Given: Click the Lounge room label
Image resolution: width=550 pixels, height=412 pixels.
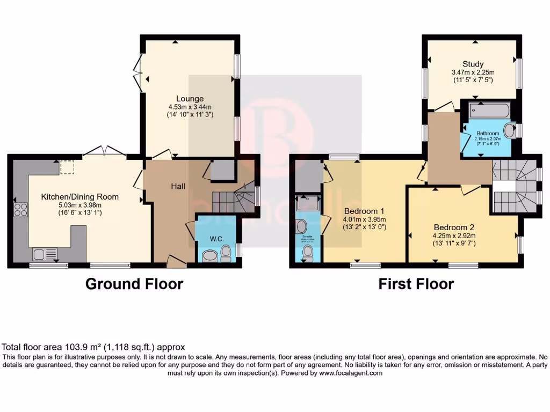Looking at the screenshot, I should [190, 99].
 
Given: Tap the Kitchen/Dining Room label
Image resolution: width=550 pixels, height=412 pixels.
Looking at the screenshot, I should [80, 197].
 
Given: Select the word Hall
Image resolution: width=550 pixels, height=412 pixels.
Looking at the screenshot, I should [178, 186].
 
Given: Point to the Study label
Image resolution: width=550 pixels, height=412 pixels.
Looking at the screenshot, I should [473, 64].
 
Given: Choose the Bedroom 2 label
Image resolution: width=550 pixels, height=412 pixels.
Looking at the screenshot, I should [454, 227].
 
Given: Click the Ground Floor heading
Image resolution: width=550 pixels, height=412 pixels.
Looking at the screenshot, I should [134, 284].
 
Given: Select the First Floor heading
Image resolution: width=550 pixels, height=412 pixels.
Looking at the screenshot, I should [416, 284].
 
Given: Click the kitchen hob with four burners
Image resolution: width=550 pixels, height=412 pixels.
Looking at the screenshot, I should [20, 209].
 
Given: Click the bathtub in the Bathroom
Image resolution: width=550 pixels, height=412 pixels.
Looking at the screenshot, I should [489, 111].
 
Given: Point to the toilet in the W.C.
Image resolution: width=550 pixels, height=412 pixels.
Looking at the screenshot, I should [226, 253].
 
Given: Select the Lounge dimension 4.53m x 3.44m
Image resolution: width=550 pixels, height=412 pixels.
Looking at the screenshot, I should [190, 107].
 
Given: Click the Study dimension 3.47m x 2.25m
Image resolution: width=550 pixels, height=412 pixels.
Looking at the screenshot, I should [473, 72].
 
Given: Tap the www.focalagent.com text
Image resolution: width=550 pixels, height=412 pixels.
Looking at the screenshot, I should [350, 373].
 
